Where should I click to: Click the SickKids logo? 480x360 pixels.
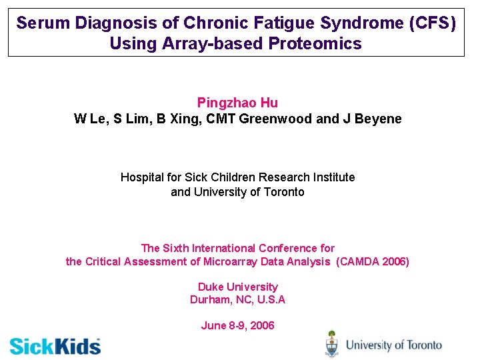point(55,346)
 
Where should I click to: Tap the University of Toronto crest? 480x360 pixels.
point(331,344)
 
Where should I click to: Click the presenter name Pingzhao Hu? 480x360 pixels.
point(237,103)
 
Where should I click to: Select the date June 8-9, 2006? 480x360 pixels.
point(237,325)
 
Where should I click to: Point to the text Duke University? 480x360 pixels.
point(237,287)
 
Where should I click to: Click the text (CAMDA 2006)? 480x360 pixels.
point(373,261)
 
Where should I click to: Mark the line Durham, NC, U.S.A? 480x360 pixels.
point(237,299)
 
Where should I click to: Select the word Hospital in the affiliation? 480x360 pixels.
point(141,177)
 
